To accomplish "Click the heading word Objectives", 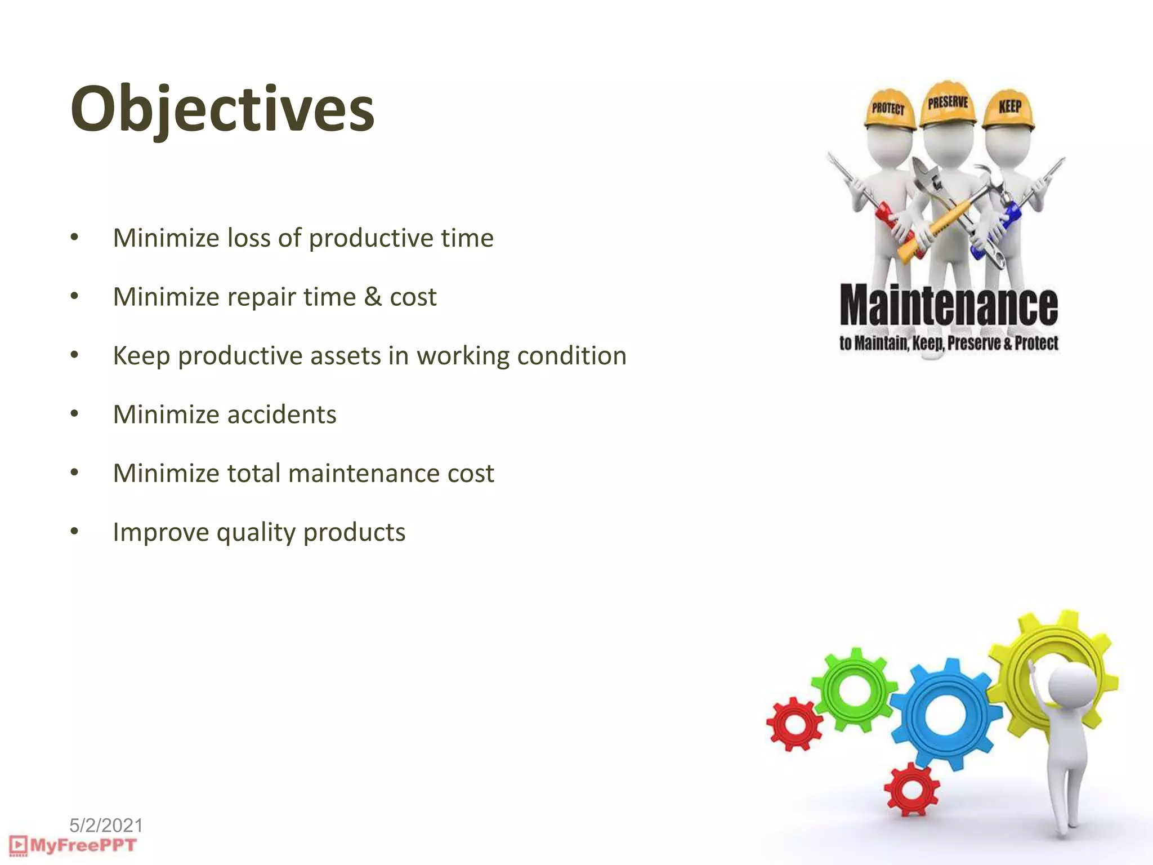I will (x=222, y=110).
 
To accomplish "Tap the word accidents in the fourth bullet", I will (x=281, y=415).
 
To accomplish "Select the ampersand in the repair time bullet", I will (x=372, y=297).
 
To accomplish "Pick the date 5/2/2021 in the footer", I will (x=106, y=826).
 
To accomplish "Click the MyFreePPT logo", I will (x=73, y=845).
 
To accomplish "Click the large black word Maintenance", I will (x=949, y=306).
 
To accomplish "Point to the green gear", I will (x=854, y=690).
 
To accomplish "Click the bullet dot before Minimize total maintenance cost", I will (x=74, y=473).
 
